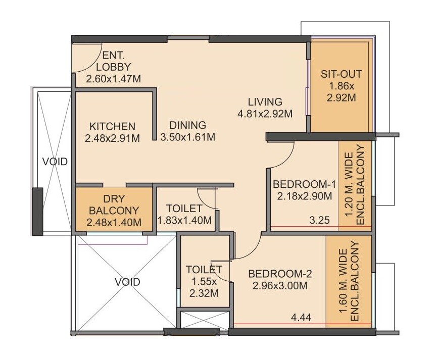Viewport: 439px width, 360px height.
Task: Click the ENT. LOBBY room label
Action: (116, 61)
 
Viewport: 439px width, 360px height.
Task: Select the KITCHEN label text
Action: (112, 126)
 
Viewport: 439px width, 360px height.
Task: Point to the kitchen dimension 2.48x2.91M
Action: (112, 137)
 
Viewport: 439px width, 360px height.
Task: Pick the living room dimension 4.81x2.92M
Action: (265, 114)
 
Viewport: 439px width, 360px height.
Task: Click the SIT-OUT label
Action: (342, 74)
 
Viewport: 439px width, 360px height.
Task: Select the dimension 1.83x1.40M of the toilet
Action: (185, 221)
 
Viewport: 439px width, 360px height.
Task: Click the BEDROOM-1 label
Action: (304, 184)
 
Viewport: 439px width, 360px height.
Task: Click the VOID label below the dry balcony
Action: (127, 282)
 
